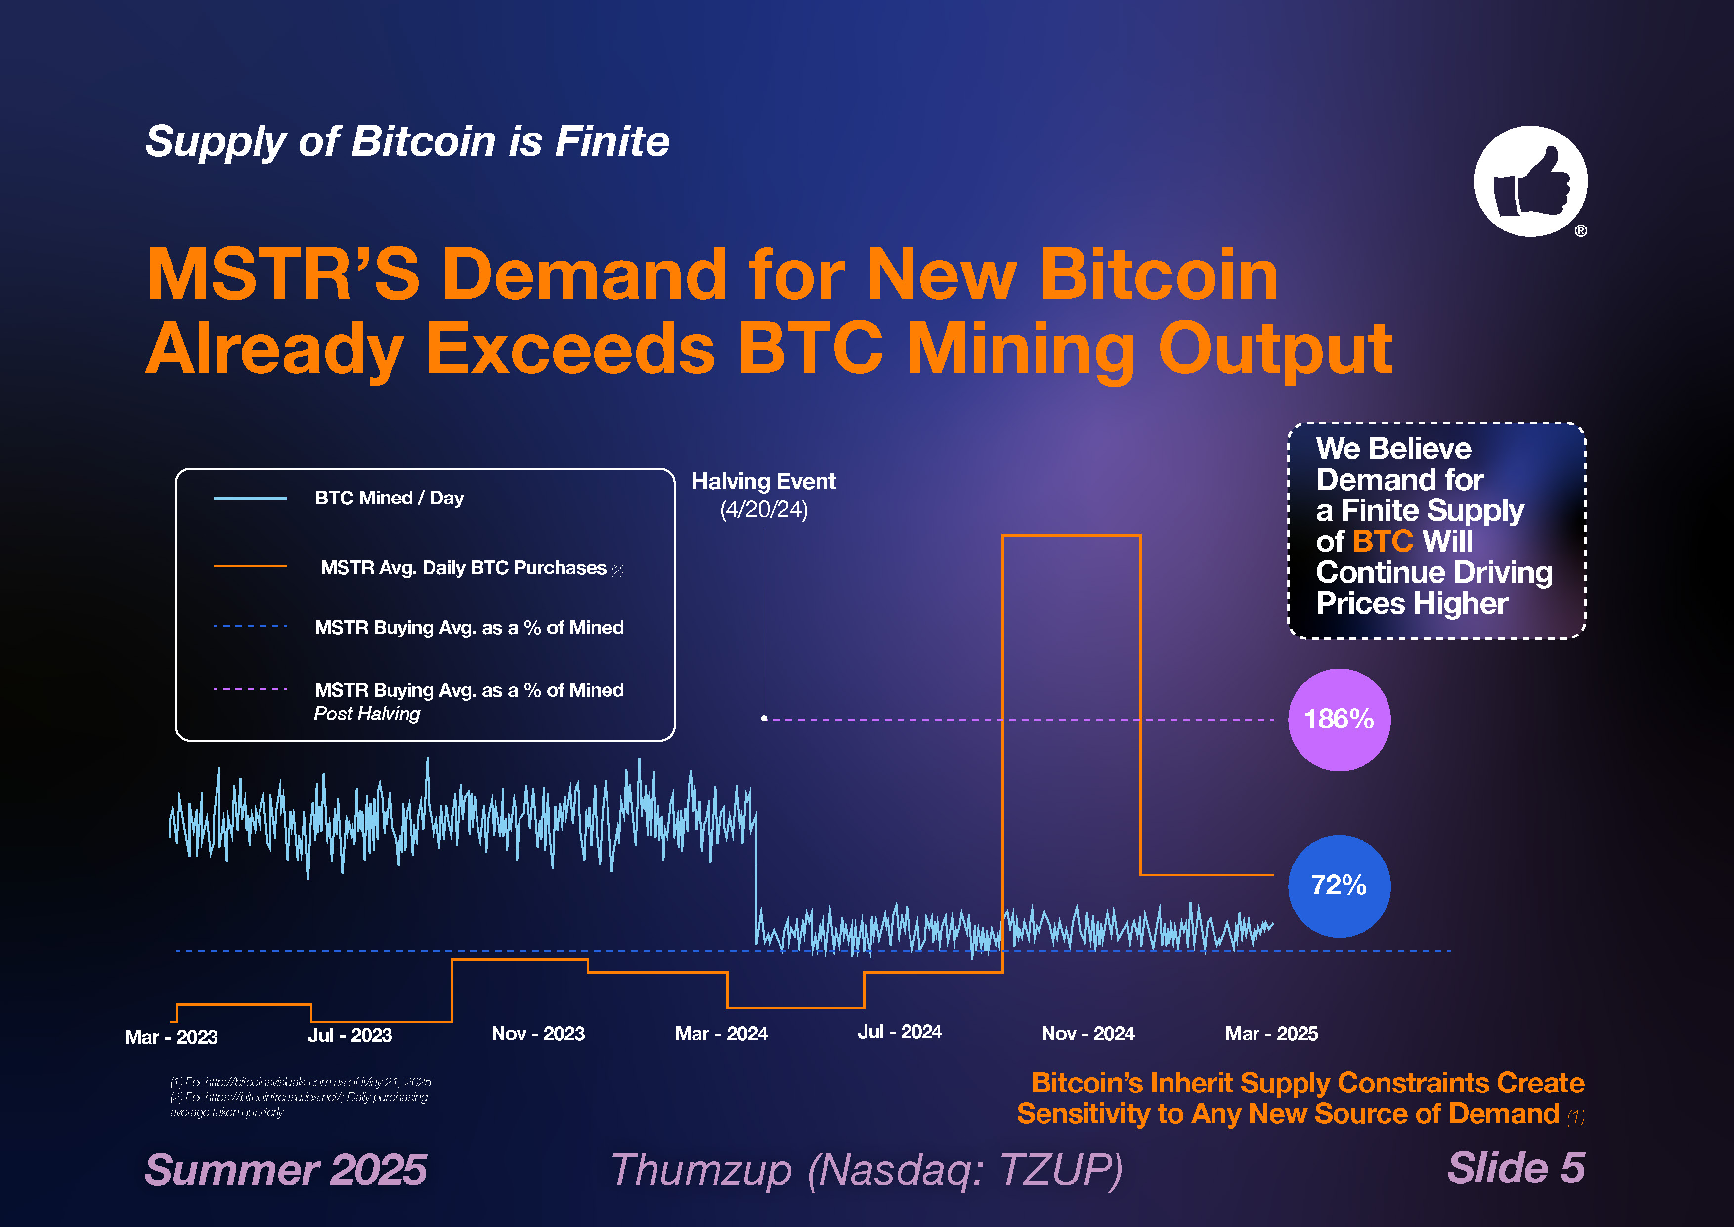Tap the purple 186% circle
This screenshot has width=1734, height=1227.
(x=1339, y=719)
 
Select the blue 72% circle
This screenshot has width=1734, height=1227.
(x=1339, y=885)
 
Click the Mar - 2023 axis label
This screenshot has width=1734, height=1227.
(x=172, y=1037)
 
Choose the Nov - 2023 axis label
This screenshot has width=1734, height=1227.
(x=538, y=1034)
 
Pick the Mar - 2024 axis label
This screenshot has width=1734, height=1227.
(x=721, y=1034)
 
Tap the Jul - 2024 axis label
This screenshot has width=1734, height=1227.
(x=900, y=1032)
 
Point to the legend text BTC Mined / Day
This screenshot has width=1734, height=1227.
(x=389, y=498)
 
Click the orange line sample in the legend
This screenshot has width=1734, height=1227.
(x=250, y=566)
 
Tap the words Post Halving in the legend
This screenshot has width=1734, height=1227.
(x=367, y=714)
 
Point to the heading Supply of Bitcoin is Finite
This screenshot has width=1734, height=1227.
(x=407, y=141)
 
